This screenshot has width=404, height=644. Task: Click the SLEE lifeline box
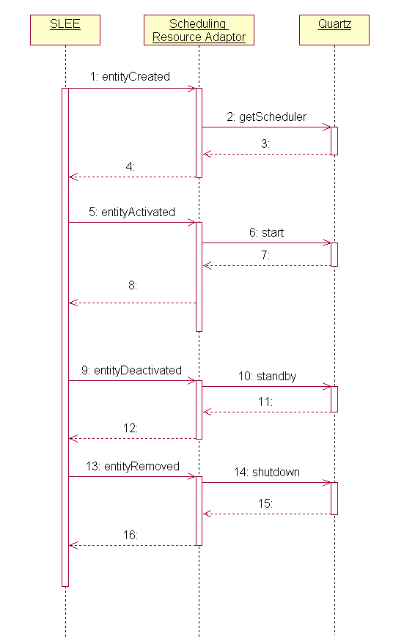coord(65,30)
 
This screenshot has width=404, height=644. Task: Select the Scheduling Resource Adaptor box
coord(199,30)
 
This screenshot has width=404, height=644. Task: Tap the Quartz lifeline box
coord(334,30)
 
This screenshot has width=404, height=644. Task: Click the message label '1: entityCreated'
coord(131,76)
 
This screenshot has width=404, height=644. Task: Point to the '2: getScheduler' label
coord(267,116)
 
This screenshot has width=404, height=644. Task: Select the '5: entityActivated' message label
coord(132,212)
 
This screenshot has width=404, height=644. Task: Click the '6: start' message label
coord(266,232)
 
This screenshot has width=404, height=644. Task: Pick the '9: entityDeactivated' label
coord(132,370)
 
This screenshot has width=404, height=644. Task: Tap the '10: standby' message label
coord(267,376)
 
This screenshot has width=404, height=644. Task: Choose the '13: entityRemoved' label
coord(132,466)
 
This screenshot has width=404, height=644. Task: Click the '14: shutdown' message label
coord(267,472)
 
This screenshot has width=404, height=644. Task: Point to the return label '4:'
coord(131,166)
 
